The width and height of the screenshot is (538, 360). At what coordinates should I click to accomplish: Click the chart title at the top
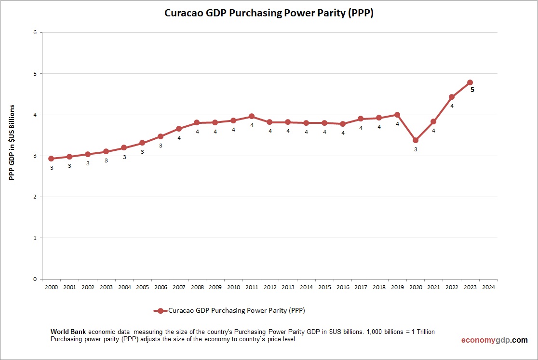(x=269, y=13)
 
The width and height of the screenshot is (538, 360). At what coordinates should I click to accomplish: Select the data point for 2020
(x=416, y=140)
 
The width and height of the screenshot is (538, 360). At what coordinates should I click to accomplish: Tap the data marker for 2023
(x=470, y=82)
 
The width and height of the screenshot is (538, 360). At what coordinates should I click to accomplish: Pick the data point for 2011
(x=252, y=116)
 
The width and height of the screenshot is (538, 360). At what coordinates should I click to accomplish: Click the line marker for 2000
(x=51, y=159)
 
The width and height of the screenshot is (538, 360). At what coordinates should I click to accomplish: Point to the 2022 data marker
(x=452, y=97)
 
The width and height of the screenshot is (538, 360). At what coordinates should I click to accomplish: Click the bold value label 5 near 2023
(x=472, y=90)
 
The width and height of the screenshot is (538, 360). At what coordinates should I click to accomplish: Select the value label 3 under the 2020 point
(x=416, y=149)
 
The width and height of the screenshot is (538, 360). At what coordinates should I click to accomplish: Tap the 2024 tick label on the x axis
(x=488, y=287)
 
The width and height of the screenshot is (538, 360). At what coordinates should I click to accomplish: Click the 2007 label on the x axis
(x=179, y=287)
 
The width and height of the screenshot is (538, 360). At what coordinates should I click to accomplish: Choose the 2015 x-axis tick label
(x=324, y=287)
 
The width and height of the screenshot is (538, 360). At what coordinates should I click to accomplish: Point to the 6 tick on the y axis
(x=35, y=33)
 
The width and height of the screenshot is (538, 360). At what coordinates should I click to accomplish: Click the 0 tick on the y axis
(x=35, y=279)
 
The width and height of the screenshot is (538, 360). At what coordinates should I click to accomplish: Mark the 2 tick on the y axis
(x=35, y=197)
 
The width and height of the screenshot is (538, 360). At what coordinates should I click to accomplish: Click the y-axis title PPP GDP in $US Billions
(x=12, y=142)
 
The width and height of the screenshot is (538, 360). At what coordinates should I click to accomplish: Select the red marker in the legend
(x=161, y=311)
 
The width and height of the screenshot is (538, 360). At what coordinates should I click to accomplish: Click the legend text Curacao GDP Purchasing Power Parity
(x=236, y=311)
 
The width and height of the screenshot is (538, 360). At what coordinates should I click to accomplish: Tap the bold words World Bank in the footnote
(x=68, y=332)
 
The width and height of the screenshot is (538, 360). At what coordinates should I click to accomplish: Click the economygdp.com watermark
(x=494, y=340)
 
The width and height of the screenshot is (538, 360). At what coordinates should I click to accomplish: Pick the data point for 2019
(x=397, y=115)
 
